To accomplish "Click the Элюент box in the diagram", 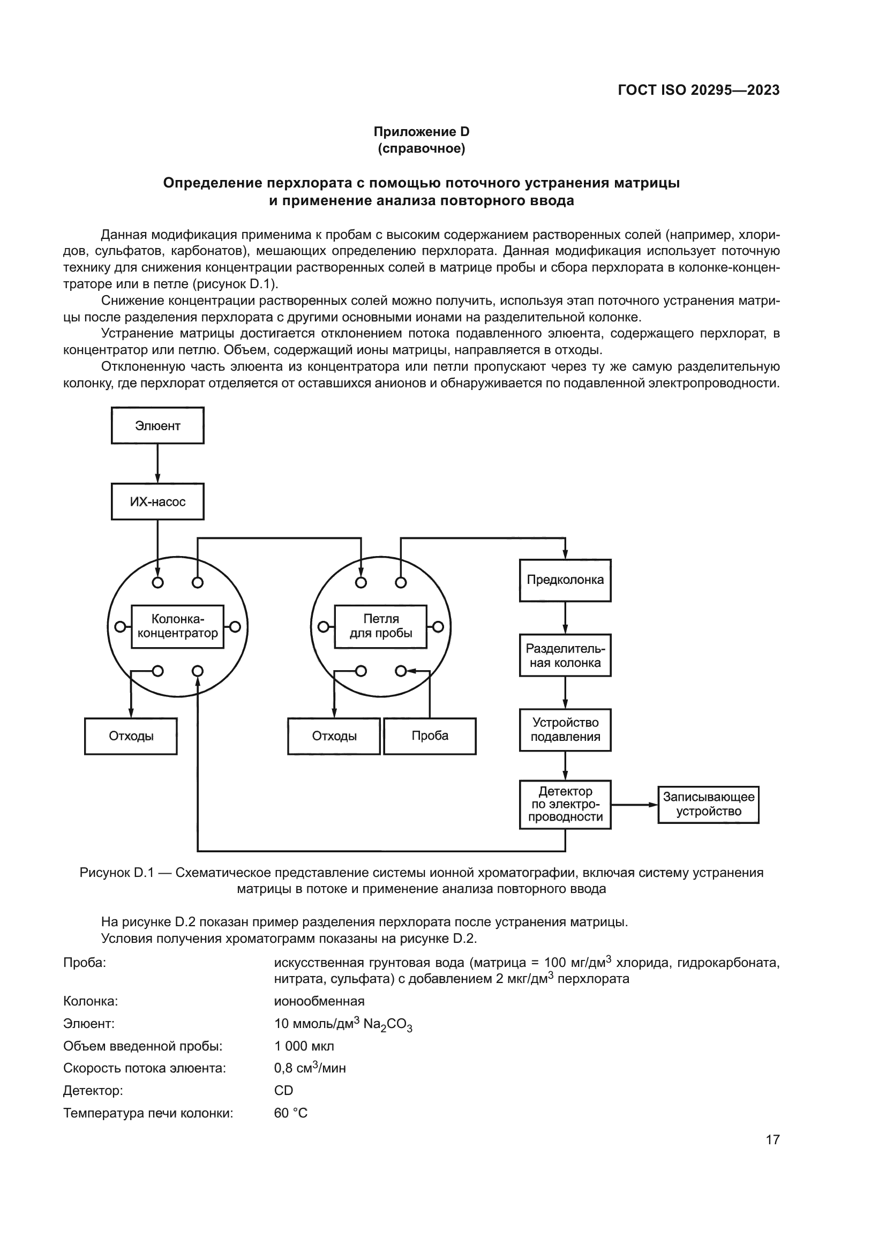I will click(x=157, y=426).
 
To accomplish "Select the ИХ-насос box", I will click(x=157, y=501).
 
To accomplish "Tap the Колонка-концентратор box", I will click(x=177, y=627).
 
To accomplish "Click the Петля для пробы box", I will click(x=380, y=627).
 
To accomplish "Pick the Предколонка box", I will click(x=565, y=580).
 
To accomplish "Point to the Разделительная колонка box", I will click(x=565, y=655).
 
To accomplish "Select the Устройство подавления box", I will click(x=565, y=730).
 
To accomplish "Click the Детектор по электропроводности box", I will click(x=565, y=805).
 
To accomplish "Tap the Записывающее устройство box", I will click(x=708, y=805).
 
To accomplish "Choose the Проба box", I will click(x=430, y=736).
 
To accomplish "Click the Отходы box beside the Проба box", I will click(x=334, y=736).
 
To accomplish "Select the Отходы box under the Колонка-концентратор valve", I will click(x=131, y=736).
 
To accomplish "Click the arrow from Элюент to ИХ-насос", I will click(x=157, y=463).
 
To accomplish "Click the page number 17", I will click(x=772, y=1139).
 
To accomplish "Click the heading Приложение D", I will click(x=421, y=132).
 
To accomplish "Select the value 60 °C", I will click(x=291, y=1113).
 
